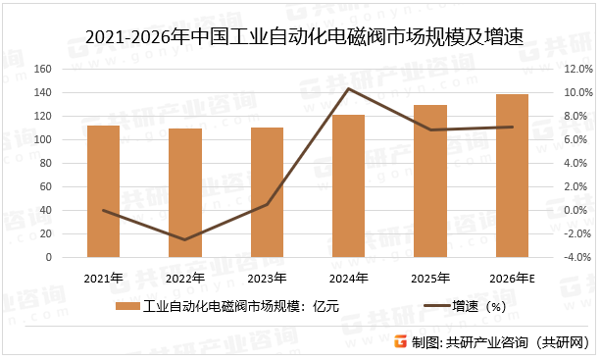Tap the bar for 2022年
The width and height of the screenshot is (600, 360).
click(185, 193)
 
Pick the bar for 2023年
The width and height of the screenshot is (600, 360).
click(267, 192)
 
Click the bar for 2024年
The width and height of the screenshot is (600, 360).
click(348, 186)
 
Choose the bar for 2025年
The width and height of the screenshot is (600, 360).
click(430, 181)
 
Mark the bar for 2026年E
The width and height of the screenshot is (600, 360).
click(512, 177)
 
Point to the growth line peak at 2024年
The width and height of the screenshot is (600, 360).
click(349, 89)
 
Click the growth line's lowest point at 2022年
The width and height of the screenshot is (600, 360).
click(185, 239)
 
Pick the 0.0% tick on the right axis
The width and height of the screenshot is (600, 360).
click(576, 211)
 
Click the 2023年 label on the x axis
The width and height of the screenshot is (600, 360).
click(267, 278)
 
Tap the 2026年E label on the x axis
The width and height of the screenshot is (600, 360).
click(512, 278)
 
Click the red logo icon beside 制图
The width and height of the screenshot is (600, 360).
click(398, 341)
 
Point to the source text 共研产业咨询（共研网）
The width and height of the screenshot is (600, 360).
click(520, 341)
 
